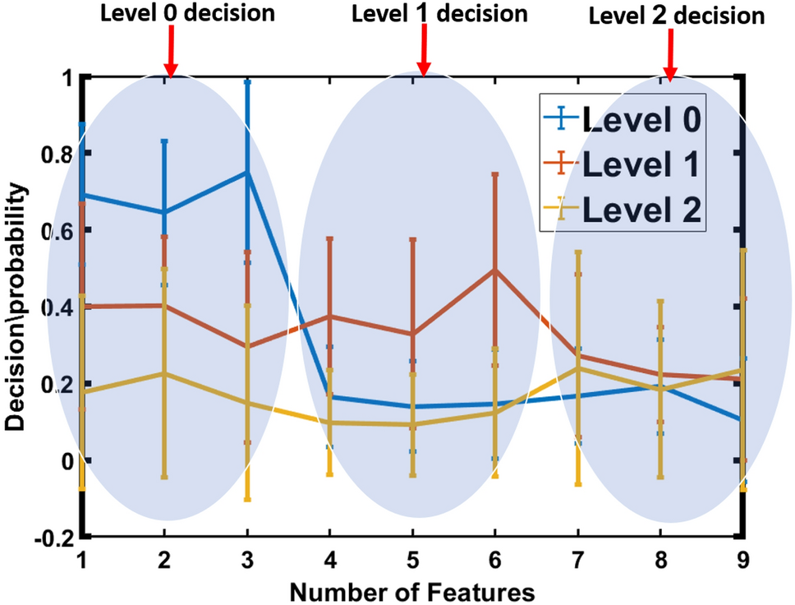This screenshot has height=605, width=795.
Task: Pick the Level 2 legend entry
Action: (622, 210)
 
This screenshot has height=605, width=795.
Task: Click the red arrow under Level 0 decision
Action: (170, 53)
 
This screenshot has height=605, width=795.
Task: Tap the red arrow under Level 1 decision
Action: (424, 53)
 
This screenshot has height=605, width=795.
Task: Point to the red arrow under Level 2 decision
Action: (670, 56)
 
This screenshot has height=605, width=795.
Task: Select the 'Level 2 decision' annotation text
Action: (677, 16)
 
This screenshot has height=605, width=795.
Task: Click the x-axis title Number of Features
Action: (412, 591)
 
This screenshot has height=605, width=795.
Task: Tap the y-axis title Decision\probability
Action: (17, 307)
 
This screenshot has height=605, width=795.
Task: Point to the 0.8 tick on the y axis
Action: (55, 154)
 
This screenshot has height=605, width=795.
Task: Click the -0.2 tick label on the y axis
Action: (53, 538)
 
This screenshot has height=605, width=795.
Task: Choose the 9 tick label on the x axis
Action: (742, 560)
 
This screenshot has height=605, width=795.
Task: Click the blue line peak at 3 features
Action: (247, 172)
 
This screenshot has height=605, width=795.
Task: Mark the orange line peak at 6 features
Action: (495, 270)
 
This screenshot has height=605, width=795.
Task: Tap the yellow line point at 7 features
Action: (578, 367)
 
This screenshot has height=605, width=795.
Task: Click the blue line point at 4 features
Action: (330, 397)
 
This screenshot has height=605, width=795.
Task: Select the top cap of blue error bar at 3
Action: (247, 81)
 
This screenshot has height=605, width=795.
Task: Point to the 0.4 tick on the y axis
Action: (55, 307)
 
